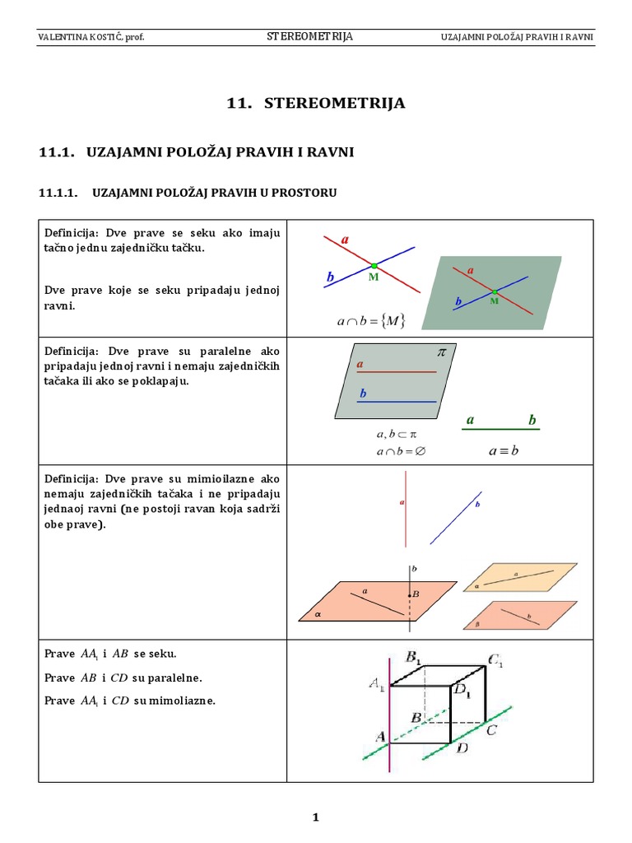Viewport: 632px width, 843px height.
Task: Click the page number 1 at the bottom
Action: (x=315, y=817)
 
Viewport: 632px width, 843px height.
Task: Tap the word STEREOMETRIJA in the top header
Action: (x=310, y=37)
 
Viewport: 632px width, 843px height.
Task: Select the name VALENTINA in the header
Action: (x=63, y=38)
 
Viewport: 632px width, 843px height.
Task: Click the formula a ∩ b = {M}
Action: (x=371, y=321)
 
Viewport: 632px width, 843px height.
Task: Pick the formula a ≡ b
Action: (x=504, y=450)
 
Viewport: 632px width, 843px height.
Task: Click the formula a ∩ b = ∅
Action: (x=401, y=450)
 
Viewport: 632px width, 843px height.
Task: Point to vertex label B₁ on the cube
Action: (x=414, y=657)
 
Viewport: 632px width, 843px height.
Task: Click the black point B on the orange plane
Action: (x=410, y=594)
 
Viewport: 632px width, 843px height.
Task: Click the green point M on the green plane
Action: (x=495, y=292)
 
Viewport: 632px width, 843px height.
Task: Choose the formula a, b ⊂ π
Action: (x=397, y=434)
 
